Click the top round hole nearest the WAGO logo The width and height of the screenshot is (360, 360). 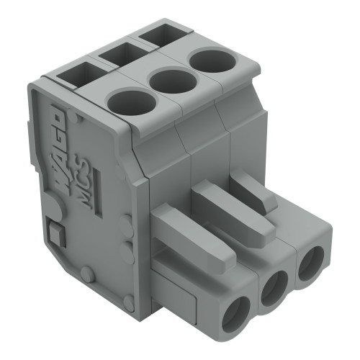pyautogui.click(x=132, y=101)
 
